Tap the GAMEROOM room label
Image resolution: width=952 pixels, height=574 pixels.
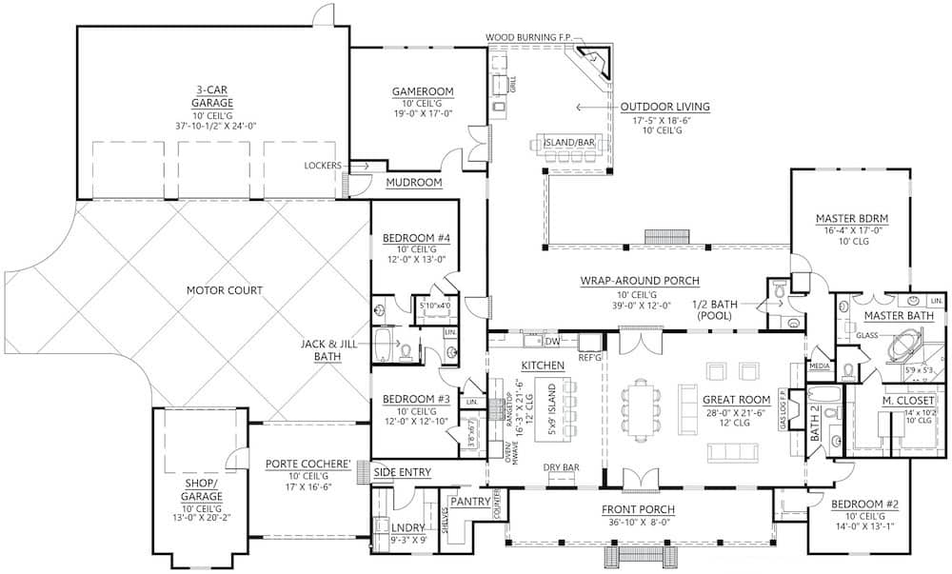pos(422,91)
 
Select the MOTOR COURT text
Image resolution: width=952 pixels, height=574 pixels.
pos(224,290)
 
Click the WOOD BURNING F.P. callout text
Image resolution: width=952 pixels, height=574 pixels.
pos(528,37)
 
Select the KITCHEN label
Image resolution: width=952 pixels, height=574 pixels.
pos(543,365)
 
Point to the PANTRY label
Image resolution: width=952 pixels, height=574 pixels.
pos(471,501)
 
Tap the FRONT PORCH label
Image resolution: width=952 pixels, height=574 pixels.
pos(640,509)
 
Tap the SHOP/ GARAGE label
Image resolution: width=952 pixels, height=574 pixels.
pos(203,489)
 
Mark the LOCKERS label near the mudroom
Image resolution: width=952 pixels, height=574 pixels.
pos(323,165)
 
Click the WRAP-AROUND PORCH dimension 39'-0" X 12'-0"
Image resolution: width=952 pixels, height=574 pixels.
pos(640,307)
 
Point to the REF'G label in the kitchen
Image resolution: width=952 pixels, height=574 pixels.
pos(590,357)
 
